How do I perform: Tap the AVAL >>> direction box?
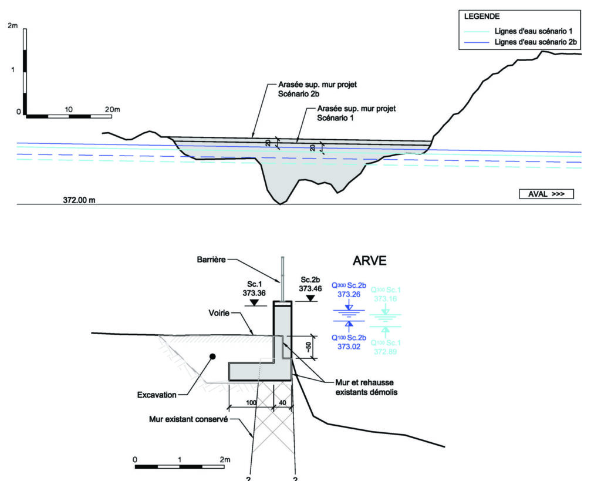click(x=546, y=194)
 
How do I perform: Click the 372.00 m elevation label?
click(x=79, y=200)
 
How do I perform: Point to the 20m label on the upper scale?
click(x=112, y=110)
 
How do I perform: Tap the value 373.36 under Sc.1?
click(x=254, y=290)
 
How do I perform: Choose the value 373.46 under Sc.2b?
click(x=311, y=288)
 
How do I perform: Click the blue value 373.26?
click(x=349, y=294)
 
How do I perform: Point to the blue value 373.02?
click(x=349, y=347)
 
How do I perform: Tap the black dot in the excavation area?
click(x=213, y=356)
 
